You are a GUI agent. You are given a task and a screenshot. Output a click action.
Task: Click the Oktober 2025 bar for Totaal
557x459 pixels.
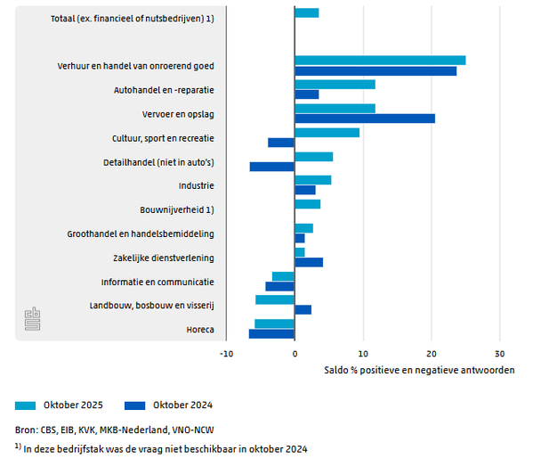coord(306,12)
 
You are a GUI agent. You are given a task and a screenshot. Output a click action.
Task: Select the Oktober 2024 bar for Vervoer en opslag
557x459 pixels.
coord(365,119)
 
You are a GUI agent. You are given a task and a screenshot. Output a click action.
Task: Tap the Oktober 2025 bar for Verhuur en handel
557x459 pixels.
coord(380,61)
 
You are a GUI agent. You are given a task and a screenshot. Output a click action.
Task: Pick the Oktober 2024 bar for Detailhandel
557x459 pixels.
coord(272,167)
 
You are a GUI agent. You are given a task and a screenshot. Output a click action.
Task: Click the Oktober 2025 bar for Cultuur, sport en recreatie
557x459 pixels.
coord(327,133)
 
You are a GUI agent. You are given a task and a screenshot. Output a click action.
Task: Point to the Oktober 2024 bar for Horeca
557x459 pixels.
coord(271,334)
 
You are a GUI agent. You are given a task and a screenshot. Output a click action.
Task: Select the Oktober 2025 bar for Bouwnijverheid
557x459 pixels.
coord(307,204)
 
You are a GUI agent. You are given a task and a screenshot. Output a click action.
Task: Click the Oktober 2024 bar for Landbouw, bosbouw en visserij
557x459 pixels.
coord(303,310)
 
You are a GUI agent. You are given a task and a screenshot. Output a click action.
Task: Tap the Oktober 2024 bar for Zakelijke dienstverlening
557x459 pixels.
coord(309,262)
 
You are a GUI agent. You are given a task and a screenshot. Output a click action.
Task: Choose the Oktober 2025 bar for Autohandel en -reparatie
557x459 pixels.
coord(335,85)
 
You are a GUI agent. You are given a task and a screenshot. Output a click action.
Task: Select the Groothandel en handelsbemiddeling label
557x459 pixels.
coord(141,234)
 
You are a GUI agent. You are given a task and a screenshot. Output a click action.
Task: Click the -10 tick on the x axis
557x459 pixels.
coord(226,352)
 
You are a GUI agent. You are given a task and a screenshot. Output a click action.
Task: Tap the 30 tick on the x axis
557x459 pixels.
coord(499,352)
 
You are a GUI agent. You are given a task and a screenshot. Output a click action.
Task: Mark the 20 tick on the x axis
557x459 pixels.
coord(432,352)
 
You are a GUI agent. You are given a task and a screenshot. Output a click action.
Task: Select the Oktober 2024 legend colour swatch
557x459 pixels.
coord(136,405)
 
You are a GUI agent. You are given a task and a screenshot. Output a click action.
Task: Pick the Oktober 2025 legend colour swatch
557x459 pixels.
coord(26,405)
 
